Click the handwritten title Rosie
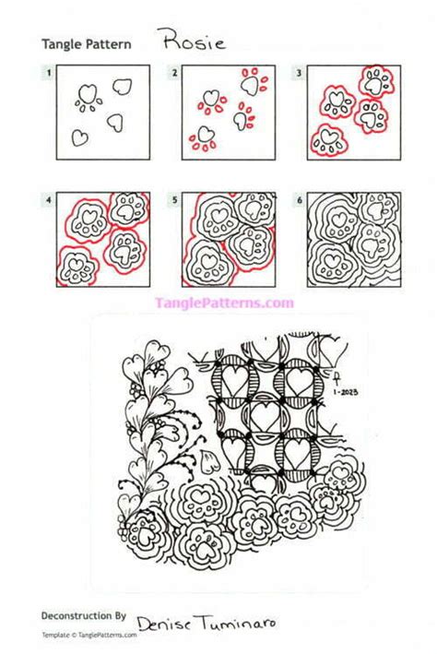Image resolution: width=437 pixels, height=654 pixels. pyautogui.click(x=190, y=40)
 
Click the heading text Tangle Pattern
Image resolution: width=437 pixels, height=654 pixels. pyautogui.click(x=86, y=43)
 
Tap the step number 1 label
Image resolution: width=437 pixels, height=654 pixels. pyautogui.click(x=47, y=71)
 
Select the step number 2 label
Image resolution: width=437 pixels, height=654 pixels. pyautogui.click(x=173, y=71)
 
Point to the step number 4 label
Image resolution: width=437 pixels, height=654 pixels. pyautogui.click(x=47, y=197)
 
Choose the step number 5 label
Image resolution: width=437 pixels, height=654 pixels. pyautogui.click(x=173, y=197)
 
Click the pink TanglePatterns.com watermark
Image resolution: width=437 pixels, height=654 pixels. pyautogui.click(x=224, y=303)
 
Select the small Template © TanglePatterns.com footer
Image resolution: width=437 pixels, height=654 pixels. pyautogui.click(x=89, y=635)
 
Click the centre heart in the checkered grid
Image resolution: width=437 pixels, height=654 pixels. pyautogui.click(x=264, y=411)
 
